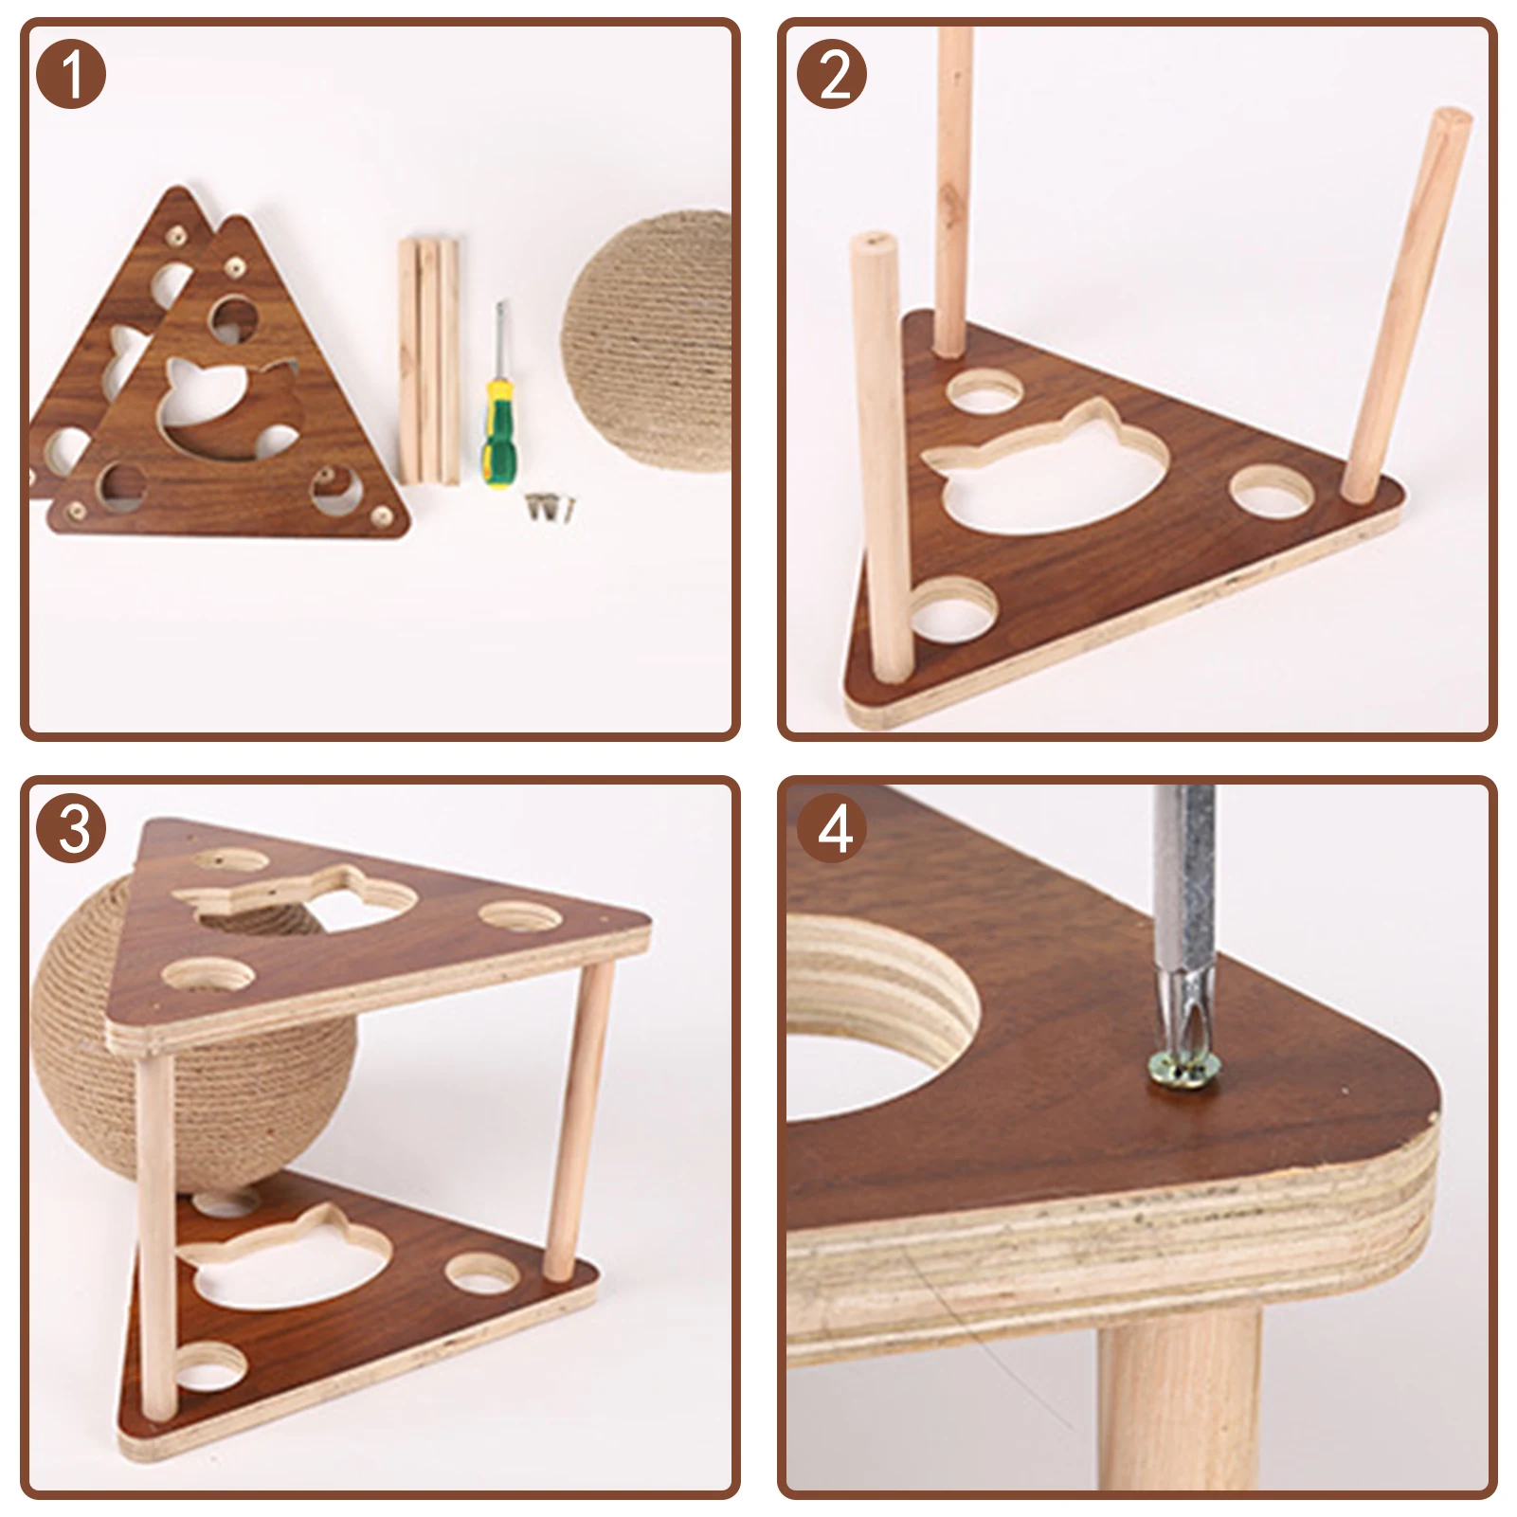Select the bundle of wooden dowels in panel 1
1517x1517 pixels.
(x=428, y=360)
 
